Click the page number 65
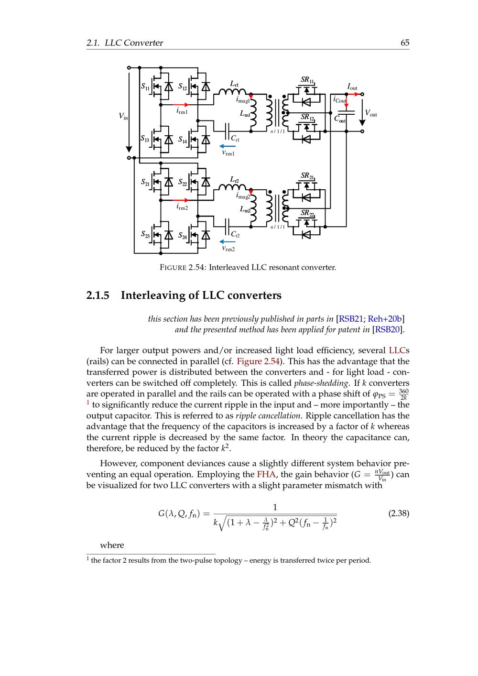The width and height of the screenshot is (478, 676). [405, 43]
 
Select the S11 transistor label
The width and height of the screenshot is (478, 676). [145, 87]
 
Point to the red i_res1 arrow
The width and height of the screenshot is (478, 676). [180, 104]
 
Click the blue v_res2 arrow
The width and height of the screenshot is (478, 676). [228, 241]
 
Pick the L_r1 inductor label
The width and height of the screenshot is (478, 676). [234, 84]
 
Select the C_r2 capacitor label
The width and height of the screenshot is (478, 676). [235, 235]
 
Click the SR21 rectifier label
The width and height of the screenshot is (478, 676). [307, 176]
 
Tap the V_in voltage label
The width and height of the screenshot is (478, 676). [123, 116]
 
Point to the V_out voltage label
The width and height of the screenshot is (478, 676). [371, 114]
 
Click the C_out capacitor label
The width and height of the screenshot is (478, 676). [340, 119]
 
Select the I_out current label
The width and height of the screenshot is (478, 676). [352, 87]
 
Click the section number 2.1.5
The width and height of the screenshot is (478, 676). [98, 295]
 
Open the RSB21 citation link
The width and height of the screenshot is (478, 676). [351, 319]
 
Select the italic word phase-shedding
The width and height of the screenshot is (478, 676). [320, 383]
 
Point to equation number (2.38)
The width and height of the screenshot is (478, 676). [398, 514]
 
